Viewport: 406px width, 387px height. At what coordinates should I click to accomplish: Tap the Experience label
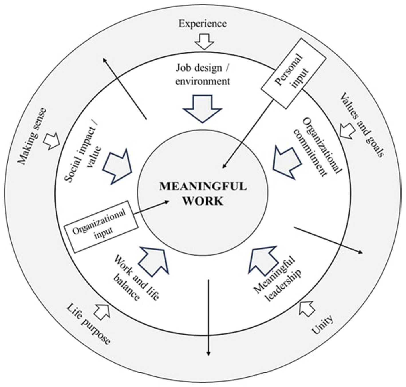pos(202,23)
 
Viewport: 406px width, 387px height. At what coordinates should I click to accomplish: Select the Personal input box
pos(293,73)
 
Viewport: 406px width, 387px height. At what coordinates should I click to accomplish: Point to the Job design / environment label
pos(202,74)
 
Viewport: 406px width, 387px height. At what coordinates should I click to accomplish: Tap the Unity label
pos(323,325)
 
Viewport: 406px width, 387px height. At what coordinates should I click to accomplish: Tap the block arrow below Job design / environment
pos(202,108)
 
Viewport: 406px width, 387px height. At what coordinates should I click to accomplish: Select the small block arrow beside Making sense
pos(52,141)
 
